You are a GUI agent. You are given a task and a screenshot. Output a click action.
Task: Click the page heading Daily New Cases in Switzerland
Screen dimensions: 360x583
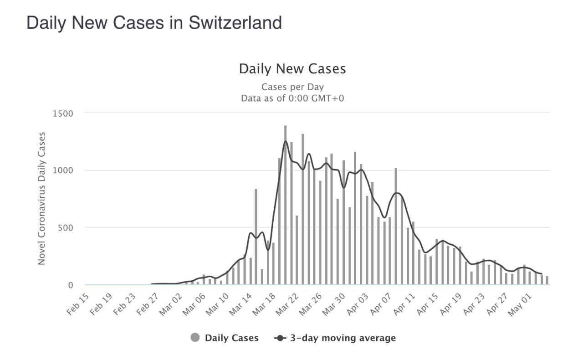pyautogui.click(x=154, y=22)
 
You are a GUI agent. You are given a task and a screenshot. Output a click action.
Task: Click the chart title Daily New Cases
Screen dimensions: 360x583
pyautogui.click(x=292, y=69)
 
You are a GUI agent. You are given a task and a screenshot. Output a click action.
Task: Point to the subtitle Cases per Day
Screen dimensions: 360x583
pyautogui.click(x=292, y=87)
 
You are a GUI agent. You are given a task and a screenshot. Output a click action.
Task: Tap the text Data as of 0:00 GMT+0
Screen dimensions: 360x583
pyautogui.click(x=292, y=98)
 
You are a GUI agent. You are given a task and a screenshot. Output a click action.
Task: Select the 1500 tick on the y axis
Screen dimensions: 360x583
pyautogui.click(x=63, y=113)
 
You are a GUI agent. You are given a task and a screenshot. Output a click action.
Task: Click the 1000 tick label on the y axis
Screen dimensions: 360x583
pyautogui.click(x=63, y=170)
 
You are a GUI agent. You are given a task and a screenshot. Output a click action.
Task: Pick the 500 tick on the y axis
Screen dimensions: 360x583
pyautogui.click(x=66, y=227)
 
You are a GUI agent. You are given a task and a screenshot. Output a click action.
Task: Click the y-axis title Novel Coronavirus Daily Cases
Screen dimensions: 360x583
pyautogui.click(x=42, y=198)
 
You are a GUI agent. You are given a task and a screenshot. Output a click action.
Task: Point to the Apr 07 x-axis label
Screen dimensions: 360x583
pyautogui.click(x=381, y=305)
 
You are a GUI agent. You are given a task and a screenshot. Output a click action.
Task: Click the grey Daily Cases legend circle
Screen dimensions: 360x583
pyautogui.click(x=195, y=338)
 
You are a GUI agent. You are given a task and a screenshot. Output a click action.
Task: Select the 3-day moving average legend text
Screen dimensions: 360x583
pyautogui.click(x=343, y=338)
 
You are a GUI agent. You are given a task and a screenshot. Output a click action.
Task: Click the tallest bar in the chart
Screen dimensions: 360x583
pyautogui.click(x=286, y=205)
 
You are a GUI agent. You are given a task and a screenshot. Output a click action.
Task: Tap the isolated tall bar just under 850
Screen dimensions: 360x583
pyautogui.click(x=256, y=237)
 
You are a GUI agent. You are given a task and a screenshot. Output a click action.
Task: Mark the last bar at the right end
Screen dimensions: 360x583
pyautogui.click(x=547, y=280)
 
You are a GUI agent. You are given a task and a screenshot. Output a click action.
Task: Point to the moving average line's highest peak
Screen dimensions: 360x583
pyautogui.click(x=286, y=141)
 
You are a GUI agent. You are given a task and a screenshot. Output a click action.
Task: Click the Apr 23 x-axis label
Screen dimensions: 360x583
pyautogui.click(x=475, y=305)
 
